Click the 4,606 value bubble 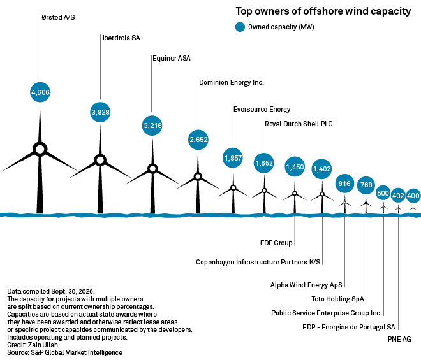(x=40, y=92)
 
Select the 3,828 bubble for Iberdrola (x=100, y=112)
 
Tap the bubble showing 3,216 (x=152, y=126)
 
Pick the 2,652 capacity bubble (x=198, y=139)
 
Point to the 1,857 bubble (x=233, y=157)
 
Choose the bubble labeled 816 (x=344, y=184)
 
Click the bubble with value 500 (x=383, y=192)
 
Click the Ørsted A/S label (x=58, y=17)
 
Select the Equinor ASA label (x=172, y=58)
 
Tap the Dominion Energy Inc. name (x=231, y=82)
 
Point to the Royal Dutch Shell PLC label (x=299, y=124)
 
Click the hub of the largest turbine (x=40, y=149)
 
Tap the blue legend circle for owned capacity (x=240, y=27)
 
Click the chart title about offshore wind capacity (x=323, y=11)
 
